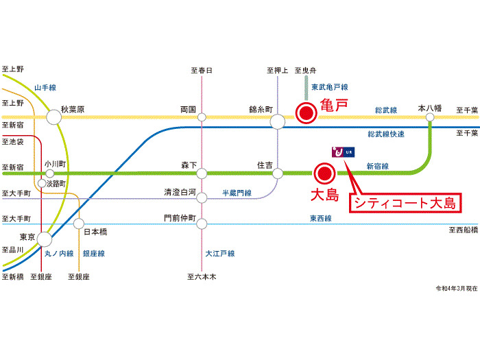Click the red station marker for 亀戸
click(304, 113)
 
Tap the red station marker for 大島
click(324, 173)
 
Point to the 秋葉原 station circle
click(53, 117)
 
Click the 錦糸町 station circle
click(278, 121)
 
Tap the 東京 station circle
click(45, 239)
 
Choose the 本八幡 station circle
click(431, 117)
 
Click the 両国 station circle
click(202, 117)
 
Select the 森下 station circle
click(202, 173)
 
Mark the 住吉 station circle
click(278, 173)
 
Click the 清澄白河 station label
click(180, 193)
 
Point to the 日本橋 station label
click(95, 232)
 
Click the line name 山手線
click(45, 87)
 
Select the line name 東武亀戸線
click(329, 87)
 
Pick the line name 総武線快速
click(386, 134)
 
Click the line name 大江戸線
click(220, 254)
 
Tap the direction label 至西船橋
click(463, 230)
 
